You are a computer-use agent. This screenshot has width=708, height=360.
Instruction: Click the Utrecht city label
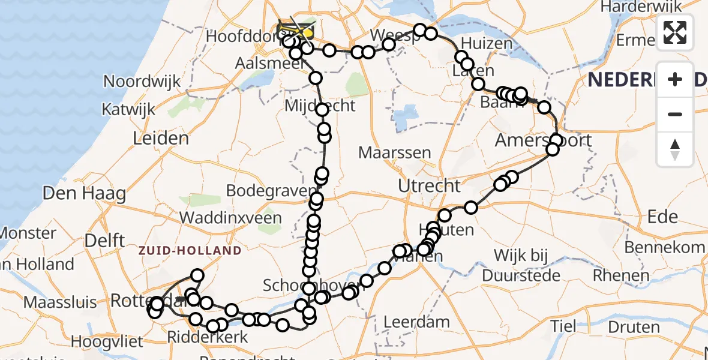430,186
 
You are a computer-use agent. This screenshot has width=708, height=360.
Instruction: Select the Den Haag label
85,194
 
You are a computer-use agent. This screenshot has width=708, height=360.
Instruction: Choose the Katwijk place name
130,110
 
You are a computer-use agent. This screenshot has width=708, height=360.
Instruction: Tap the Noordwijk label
142,81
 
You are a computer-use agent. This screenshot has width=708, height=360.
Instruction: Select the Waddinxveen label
231,217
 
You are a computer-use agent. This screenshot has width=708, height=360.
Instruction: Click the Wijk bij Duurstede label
521,265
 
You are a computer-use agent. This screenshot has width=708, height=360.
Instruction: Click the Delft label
104,240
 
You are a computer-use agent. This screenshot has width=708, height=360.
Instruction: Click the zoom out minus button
675,114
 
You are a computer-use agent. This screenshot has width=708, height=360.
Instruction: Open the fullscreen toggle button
675,32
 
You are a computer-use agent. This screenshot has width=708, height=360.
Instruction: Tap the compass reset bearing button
675,149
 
